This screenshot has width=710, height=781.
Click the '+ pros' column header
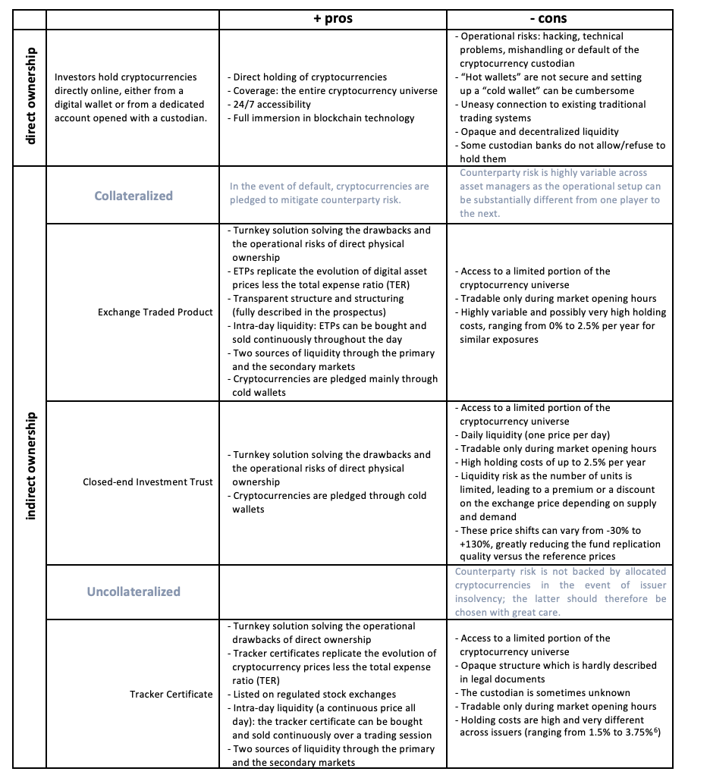332,19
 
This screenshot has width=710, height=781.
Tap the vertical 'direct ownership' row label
30,97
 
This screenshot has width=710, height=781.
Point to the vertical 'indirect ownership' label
30,466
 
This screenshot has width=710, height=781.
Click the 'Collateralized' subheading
134,196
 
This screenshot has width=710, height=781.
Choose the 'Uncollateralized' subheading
134,591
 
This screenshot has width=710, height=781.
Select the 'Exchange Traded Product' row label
156,312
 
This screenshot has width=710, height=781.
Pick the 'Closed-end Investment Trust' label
148,482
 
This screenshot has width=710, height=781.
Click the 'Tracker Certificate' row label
171,695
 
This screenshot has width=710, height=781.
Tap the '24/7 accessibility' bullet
269,105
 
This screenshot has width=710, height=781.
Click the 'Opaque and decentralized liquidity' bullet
537,132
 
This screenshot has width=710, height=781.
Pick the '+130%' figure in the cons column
473,544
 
